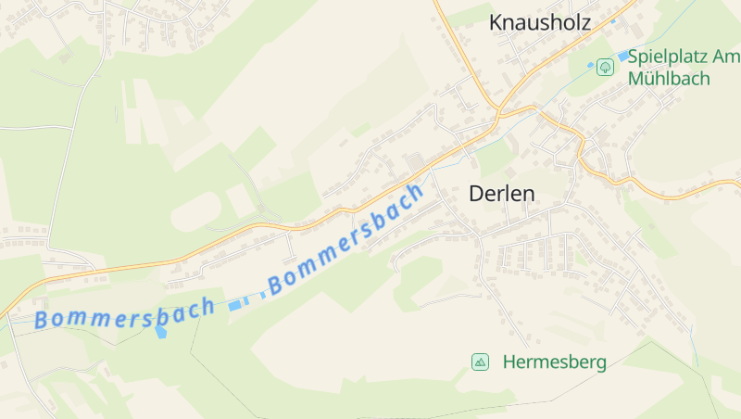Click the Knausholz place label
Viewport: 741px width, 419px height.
click(x=539, y=23)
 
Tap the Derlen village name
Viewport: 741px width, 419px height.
click(x=502, y=194)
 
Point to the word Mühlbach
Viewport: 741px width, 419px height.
click(x=669, y=78)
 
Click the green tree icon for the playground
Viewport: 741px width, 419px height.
click(x=605, y=67)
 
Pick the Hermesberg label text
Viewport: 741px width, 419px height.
click(x=554, y=362)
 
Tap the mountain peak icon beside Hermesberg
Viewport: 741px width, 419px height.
click(x=480, y=362)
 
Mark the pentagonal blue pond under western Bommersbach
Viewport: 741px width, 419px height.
click(x=161, y=330)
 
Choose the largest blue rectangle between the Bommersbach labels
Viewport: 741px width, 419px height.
click(x=239, y=302)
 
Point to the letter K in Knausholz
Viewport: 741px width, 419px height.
click(x=496, y=23)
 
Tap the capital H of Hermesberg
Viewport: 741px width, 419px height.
click(x=509, y=362)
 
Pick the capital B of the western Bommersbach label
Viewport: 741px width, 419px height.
click(x=42, y=321)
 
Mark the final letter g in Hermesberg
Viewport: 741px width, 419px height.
click(x=600, y=363)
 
